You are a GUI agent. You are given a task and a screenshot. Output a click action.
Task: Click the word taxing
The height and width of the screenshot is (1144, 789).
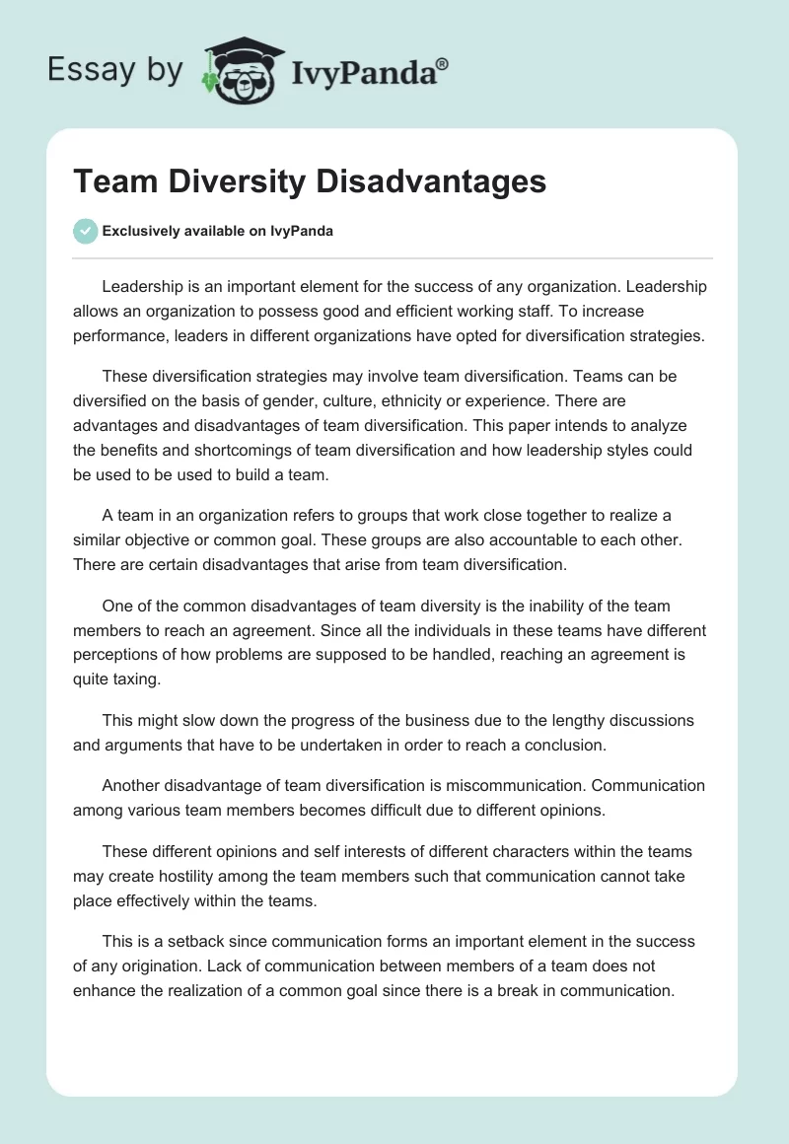click(143, 679)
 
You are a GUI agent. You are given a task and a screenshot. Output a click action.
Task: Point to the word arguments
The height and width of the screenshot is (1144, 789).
click(142, 746)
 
